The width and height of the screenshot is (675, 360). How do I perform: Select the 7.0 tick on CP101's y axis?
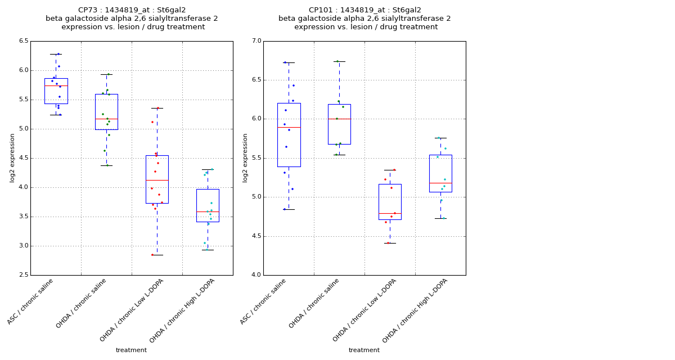[x=256, y=41]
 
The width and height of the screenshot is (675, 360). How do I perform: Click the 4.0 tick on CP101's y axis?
[x=256, y=275]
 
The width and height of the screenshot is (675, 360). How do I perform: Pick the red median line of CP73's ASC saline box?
[x=56, y=85]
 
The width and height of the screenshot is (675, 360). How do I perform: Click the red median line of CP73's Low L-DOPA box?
[x=157, y=180]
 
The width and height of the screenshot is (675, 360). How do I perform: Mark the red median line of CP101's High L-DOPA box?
[x=440, y=183]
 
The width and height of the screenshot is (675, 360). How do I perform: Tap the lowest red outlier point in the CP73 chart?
[x=152, y=255]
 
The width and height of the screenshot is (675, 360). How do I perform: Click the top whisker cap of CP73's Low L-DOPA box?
[x=157, y=108]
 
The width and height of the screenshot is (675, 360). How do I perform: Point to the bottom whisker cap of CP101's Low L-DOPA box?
[x=390, y=243]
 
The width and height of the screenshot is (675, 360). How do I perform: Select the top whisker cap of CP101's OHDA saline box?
[x=339, y=61]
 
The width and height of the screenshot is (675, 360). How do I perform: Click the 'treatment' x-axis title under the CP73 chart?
[x=131, y=350]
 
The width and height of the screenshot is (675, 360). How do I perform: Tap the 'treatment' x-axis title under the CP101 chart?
[x=364, y=350]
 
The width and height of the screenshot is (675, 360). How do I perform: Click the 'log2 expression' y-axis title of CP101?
[x=245, y=157]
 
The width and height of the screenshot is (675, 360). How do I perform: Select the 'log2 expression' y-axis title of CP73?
[x=12, y=157]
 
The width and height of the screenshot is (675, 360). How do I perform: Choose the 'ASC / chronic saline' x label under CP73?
[x=31, y=301]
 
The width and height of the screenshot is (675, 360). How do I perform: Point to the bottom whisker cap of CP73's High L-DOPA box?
[x=208, y=250]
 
